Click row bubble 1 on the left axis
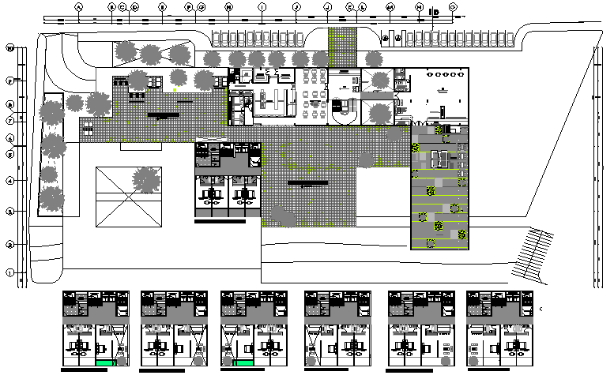coord(10,273)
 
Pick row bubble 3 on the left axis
coord(10,212)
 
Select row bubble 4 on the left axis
coord(10,181)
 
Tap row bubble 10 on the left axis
coord(10,47)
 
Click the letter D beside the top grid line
coord(436,13)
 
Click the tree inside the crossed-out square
coord(145,180)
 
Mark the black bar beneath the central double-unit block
coord(220,222)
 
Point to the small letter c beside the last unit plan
coord(541,308)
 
